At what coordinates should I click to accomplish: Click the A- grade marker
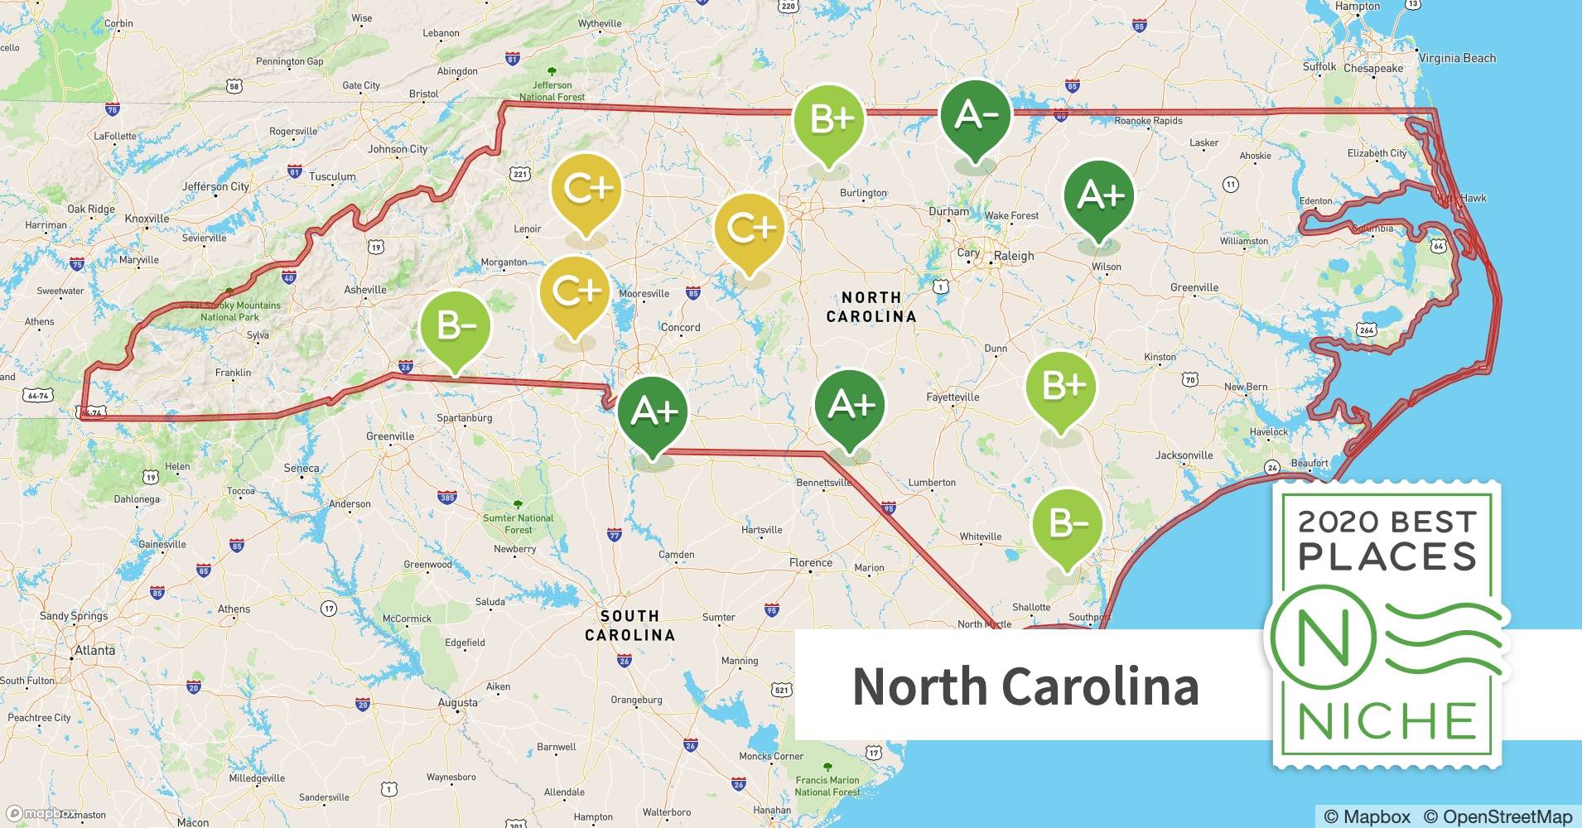tap(976, 116)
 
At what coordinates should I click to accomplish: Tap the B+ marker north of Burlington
tap(829, 120)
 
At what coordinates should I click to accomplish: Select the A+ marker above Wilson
tap(1099, 195)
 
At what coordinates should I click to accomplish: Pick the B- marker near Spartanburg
tap(455, 326)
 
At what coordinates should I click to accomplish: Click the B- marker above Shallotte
tap(1067, 523)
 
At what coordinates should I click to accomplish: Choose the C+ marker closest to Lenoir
tap(586, 190)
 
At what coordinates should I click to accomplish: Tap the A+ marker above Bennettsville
tap(850, 405)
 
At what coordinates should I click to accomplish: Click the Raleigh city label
tap(1014, 256)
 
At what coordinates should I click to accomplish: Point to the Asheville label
tap(365, 290)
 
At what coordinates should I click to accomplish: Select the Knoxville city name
tap(147, 219)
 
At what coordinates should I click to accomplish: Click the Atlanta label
tap(95, 651)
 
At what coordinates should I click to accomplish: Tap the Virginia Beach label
tap(1457, 58)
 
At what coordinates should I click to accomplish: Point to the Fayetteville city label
tap(953, 397)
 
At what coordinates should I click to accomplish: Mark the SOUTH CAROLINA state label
tap(629, 625)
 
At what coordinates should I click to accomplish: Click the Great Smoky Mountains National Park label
tap(230, 311)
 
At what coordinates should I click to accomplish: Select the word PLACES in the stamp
tap(1387, 556)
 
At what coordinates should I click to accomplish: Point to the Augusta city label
tap(457, 703)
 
